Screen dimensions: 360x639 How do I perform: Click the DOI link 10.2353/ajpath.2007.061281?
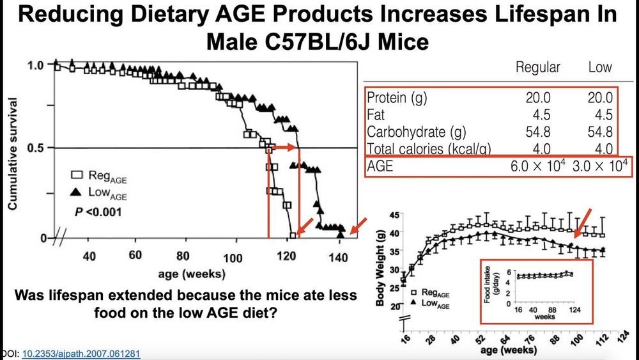(x=81, y=354)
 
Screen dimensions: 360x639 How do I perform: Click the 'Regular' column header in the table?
(x=537, y=67)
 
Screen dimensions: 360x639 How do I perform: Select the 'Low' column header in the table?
(x=599, y=67)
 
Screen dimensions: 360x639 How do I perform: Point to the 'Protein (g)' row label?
(x=397, y=98)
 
